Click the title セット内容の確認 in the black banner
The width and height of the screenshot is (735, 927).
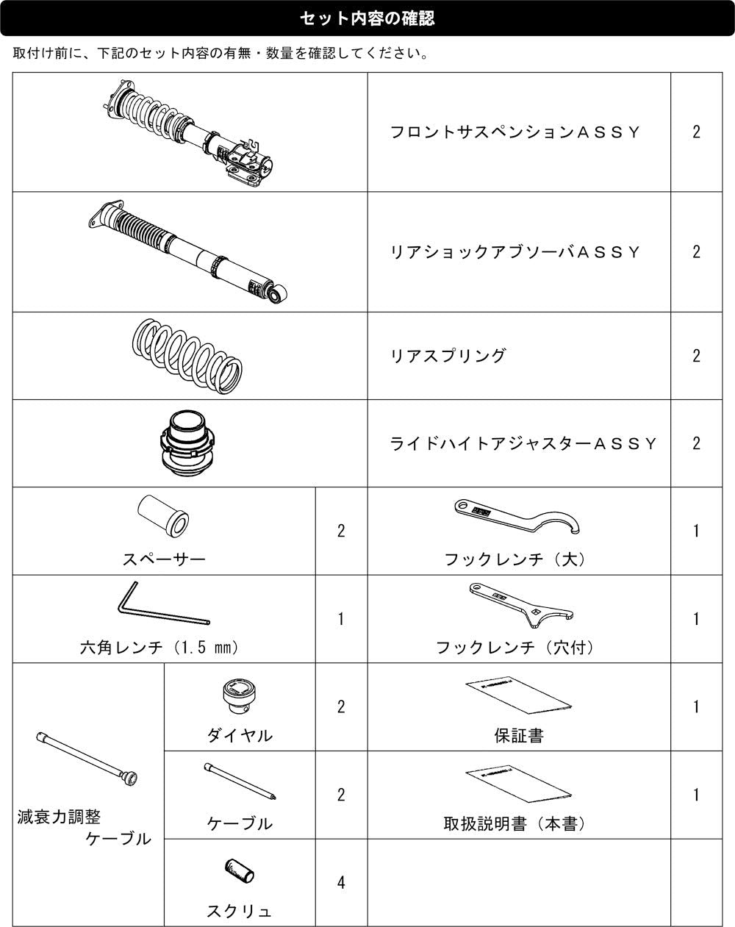pos(367,18)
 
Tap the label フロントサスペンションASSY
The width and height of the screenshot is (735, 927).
pos(514,132)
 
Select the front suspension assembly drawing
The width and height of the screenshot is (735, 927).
pos(189,133)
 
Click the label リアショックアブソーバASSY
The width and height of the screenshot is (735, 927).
pos(514,252)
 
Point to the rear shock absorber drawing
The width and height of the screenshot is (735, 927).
pos(188,252)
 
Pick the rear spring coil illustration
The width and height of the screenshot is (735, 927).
pos(187,356)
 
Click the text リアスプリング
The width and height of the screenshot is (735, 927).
pos(448,356)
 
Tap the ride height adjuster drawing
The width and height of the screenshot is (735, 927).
pos(187,443)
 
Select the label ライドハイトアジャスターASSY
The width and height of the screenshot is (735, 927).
pos(523,443)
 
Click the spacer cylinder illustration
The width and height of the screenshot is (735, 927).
pos(163,516)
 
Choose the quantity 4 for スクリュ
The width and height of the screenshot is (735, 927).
pos(341,883)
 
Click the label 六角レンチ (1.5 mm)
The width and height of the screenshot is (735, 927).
pos(159,648)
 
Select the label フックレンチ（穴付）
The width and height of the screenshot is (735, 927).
pos(514,648)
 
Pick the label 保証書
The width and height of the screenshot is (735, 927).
pos(519,736)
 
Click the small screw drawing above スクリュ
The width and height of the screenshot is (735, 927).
pos(239,870)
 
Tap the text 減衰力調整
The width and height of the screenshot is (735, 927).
pos(59,817)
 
